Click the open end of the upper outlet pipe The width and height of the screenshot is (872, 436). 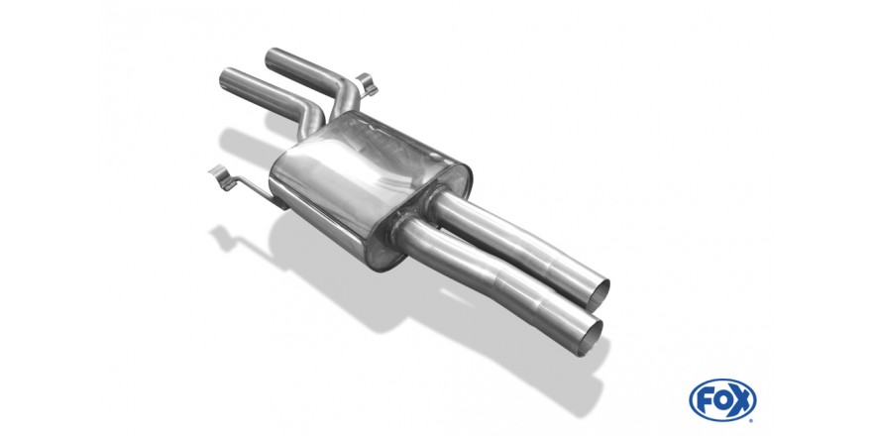click(x=598, y=294)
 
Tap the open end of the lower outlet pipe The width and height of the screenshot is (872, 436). click(x=590, y=336)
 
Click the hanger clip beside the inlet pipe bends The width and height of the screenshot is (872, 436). click(x=367, y=85)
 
